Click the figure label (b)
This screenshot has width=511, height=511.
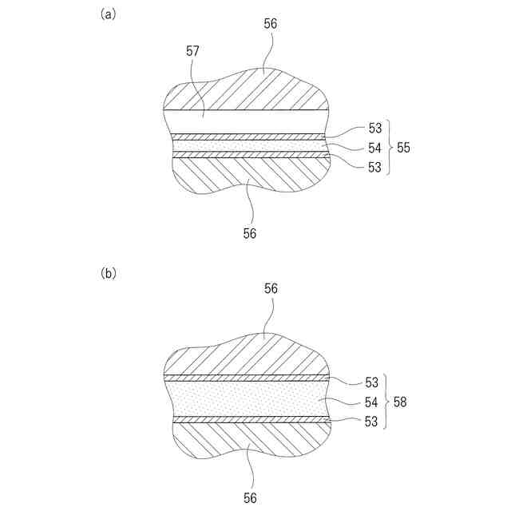coord(109,273)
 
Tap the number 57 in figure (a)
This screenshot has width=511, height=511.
coord(192,52)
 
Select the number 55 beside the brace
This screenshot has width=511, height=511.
coord(404,147)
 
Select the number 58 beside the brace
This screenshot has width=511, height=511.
coord(401,402)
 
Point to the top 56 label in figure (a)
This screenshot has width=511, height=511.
coord(271,25)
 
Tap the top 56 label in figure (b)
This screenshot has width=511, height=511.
coord(271,288)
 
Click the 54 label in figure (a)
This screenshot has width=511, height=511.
coord(375,148)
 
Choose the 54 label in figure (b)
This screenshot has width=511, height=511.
coord(372,402)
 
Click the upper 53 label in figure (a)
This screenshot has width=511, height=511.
coord(375,128)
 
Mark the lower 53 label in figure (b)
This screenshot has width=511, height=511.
coord(372,421)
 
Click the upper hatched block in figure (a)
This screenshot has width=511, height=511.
coord(248,92)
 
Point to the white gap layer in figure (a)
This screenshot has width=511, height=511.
coord(248,122)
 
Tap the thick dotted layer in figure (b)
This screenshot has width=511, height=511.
coord(248,398)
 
